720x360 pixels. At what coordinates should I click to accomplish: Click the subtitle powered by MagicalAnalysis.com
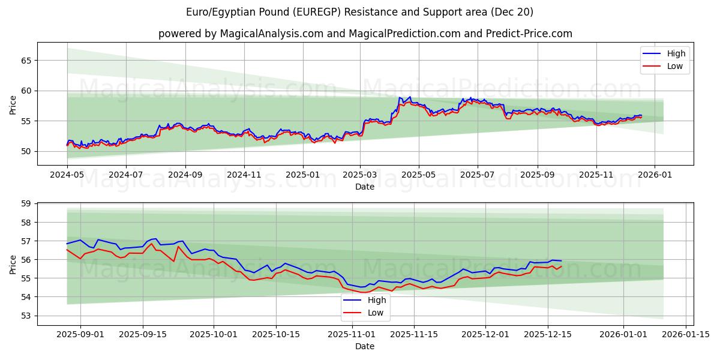pyautogui.click(x=365, y=34)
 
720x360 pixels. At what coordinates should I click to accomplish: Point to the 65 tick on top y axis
pyautogui.click(x=26, y=61)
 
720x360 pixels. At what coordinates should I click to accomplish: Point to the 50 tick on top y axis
pyautogui.click(x=26, y=151)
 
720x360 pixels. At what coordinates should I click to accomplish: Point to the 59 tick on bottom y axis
pyautogui.click(x=26, y=204)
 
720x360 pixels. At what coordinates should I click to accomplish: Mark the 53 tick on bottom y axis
pyautogui.click(x=26, y=316)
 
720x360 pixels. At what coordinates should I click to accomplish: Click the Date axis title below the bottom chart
pyautogui.click(x=365, y=346)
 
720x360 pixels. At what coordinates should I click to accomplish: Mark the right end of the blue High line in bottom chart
pyautogui.click(x=561, y=261)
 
